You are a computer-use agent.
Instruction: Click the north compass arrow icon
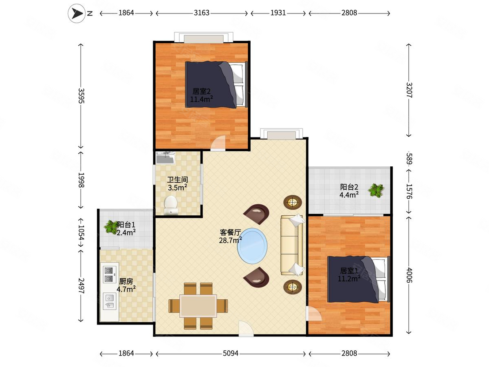(x=77, y=13)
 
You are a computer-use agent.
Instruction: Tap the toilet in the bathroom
(x=171, y=205)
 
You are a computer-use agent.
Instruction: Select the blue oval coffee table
(x=252, y=246)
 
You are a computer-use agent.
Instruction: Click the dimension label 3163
(x=201, y=13)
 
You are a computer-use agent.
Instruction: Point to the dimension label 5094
(x=230, y=354)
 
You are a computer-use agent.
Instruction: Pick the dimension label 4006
(x=409, y=275)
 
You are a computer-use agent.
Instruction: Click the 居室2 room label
(x=201, y=91)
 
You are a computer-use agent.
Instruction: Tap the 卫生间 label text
(x=178, y=179)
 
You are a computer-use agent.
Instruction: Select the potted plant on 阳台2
(x=376, y=190)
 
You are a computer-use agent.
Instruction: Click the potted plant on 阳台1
(x=110, y=227)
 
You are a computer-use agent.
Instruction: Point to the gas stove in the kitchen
(x=110, y=274)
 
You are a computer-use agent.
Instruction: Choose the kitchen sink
(x=110, y=301)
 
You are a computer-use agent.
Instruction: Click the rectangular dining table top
(x=198, y=306)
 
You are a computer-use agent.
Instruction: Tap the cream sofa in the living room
(x=292, y=245)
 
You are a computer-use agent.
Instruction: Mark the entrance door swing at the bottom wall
(x=246, y=329)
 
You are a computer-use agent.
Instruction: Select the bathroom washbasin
(x=165, y=158)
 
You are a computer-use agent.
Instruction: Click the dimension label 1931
(x=278, y=13)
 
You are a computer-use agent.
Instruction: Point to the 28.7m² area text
(x=230, y=241)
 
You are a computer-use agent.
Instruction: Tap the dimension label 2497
(x=81, y=286)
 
